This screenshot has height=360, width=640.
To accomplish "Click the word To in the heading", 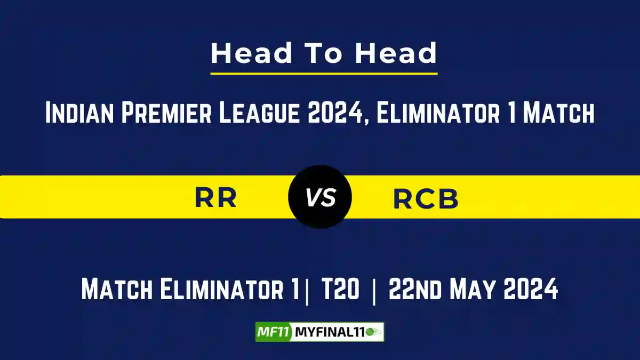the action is [324, 53].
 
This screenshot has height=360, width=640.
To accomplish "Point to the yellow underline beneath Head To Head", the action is [324, 74].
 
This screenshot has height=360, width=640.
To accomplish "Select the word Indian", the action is [79, 113].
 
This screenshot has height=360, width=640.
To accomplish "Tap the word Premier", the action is [166, 113].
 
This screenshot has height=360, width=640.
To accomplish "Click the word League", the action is [259, 113].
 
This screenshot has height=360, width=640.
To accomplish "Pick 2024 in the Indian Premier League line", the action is [335, 113].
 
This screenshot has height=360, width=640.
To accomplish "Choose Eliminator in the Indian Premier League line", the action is [438, 113].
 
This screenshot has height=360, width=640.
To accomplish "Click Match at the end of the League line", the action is [558, 113].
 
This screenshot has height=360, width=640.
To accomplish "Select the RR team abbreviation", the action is [215, 197].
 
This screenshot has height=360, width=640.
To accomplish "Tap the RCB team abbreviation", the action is [426, 198].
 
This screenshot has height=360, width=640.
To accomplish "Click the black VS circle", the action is [320, 197].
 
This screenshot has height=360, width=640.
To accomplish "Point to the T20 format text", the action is [340, 289].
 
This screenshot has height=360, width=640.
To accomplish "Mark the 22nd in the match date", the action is [415, 289].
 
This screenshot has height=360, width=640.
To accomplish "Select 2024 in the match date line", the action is [531, 289].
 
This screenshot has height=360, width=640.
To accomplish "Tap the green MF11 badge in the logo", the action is [274, 332].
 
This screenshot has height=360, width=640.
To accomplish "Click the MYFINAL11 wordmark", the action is [330, 332].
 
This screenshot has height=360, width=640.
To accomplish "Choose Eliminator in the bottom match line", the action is [221, 289].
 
